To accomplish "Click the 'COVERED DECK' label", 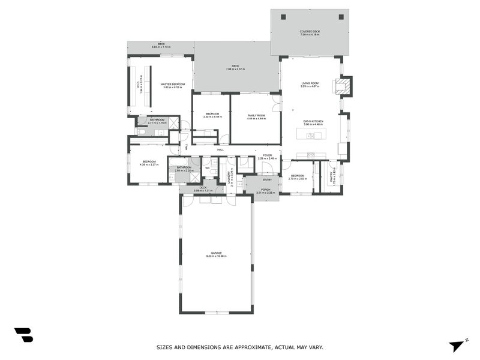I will click(310, 31).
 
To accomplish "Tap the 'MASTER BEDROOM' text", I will click(172, 84).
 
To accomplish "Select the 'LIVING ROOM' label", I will click(310, 83).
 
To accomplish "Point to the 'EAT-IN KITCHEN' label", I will click(313, 122).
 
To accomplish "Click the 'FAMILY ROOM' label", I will click(256, 115).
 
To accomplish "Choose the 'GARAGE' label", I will click(217, 253).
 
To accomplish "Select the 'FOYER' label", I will click(268, 155).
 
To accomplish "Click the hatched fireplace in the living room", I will click(343, 86).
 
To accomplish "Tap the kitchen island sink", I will click(311, 136).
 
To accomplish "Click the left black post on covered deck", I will click(282, 17).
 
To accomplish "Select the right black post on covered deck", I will click(341, 17).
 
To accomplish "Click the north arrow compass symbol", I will click(457, 345).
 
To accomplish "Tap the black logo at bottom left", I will click(23, 335).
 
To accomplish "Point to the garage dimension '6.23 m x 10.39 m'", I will click(217, 256).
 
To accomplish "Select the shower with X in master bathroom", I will click(173, 122).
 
